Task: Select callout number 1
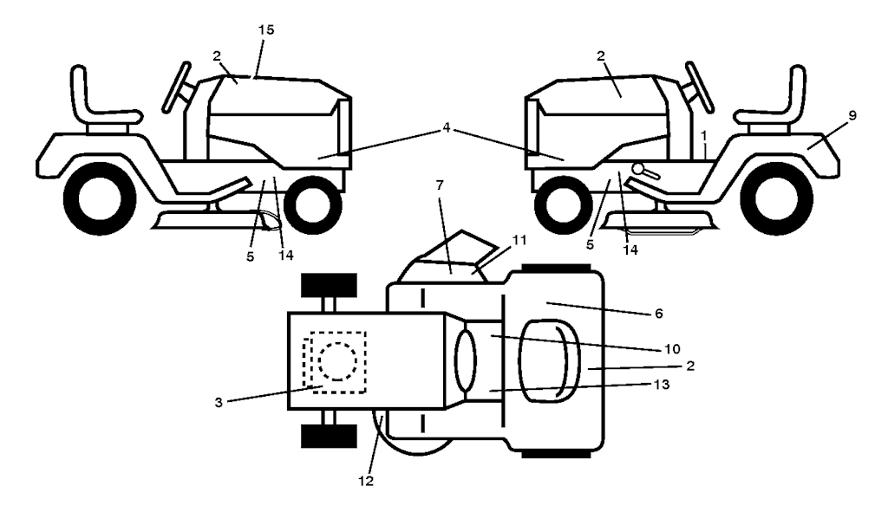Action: click(706, 137)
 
